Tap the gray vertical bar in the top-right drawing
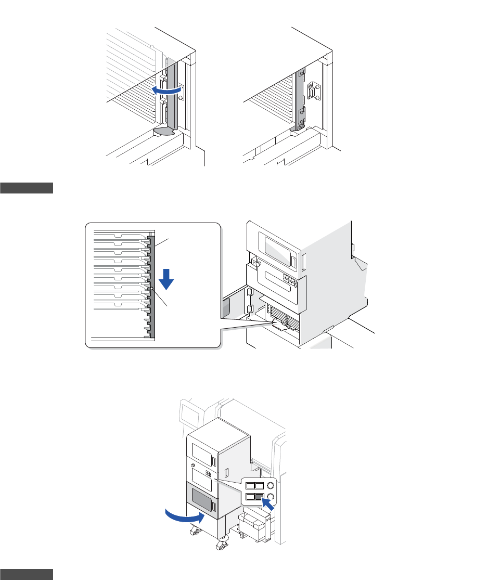pyautogui.click(x=299, y=99)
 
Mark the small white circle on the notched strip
pyautogui.click(x=150, y=288)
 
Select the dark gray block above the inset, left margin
pyautogui.click(x=27, y=188)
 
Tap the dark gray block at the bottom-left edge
pyautogui.click(x=27, y=574)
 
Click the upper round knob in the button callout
pyautogui.click(x=271, y=485)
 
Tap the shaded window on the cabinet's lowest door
pyautogui.click(x=200, y=498)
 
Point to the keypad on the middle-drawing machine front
pyautogui.click(x=290, y=281)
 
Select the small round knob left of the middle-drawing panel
pyautogui.click(x=257, y=263)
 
